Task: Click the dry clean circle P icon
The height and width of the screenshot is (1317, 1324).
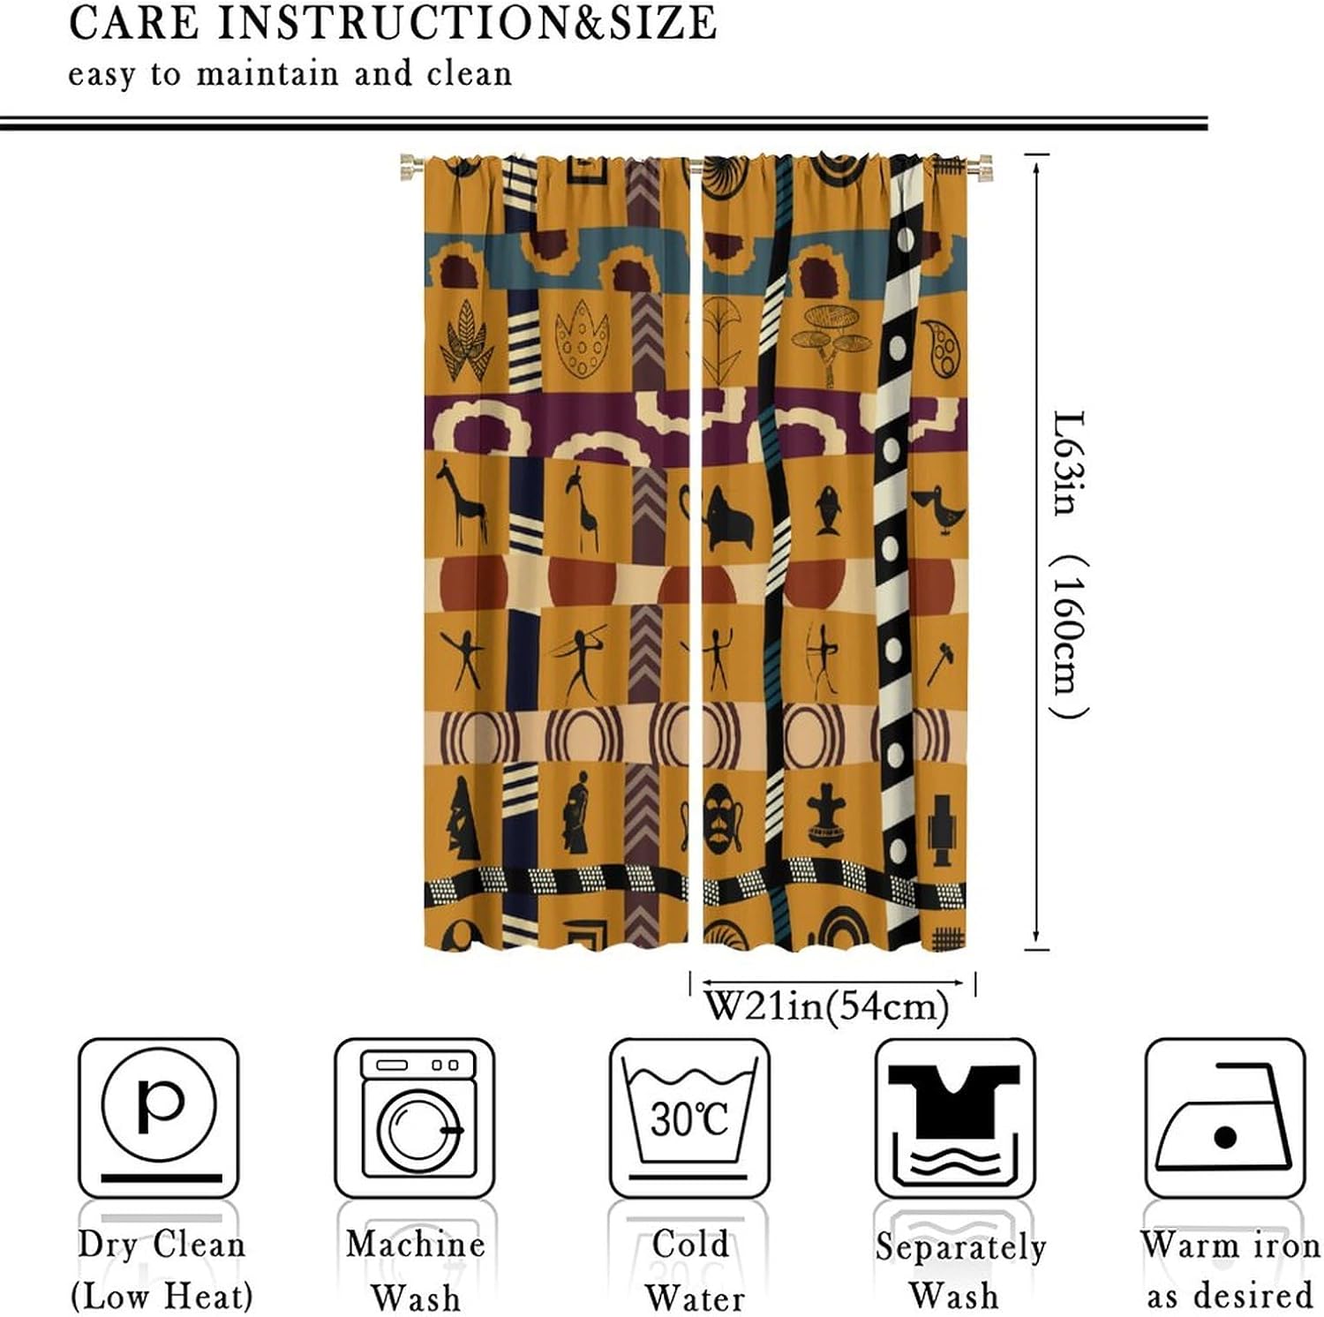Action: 158,1116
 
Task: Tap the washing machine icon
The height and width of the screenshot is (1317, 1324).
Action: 414,1116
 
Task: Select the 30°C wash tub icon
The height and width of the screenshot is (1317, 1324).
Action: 689,1116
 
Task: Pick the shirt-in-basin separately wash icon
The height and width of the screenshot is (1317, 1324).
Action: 954,1116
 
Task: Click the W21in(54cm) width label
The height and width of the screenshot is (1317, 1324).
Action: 827,1005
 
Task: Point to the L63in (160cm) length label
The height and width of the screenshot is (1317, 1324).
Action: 1070,565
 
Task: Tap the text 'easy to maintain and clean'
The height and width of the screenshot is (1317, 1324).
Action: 290,74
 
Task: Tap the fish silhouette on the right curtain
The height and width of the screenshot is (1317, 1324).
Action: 828,509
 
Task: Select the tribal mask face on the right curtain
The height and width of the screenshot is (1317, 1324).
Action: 722,817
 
